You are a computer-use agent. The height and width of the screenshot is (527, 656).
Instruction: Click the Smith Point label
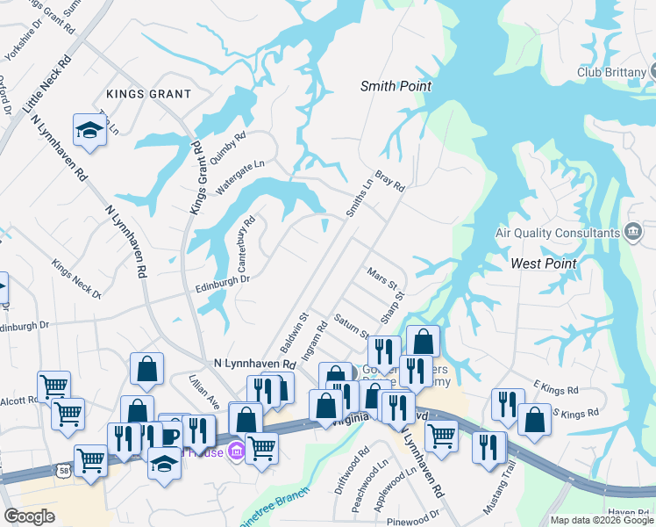click(x=396, y=86)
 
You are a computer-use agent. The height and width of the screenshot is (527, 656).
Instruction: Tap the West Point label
click(x=544, y=263)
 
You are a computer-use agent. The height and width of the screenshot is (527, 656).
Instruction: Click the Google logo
click(x=29, y=516)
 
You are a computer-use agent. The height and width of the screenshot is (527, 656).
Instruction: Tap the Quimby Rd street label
click(x=228, y=148)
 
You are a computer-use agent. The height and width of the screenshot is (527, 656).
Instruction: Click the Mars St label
click(x=383, y=280)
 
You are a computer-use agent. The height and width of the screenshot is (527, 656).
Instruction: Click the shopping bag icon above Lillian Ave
click(x=146, y=371)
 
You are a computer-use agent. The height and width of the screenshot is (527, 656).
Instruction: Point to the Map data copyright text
click(x=603, y=520)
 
